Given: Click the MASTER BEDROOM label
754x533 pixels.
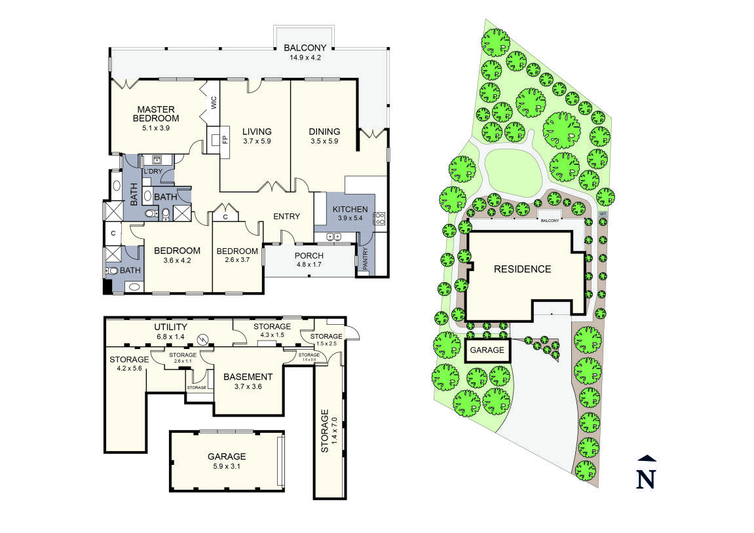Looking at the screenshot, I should coord(156,114).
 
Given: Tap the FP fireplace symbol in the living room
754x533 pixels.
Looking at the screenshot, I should coord(224,139).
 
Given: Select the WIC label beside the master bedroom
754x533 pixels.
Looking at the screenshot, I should coord(214,103).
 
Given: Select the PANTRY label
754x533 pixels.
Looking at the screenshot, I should coord(365,259).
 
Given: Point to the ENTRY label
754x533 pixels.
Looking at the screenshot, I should coord(286,217).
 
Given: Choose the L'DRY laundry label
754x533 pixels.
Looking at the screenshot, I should coord(153,172).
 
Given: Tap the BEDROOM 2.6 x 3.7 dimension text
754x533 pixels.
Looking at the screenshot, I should coord(237,260).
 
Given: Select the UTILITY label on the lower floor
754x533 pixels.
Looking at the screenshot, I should coord(170,327).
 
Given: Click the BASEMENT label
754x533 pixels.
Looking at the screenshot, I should coord(248,377).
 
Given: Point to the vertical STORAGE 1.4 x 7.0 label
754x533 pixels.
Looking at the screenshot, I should coord(325,432).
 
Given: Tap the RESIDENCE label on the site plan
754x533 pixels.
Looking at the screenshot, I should coord(522,269).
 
